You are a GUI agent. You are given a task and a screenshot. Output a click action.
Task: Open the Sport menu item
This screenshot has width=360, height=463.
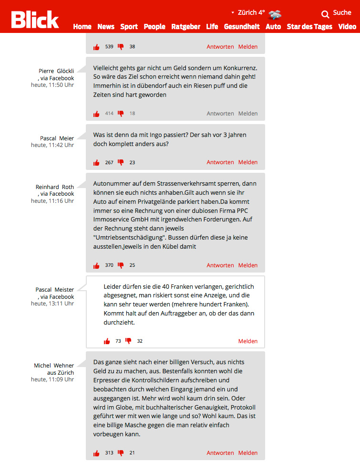click(x=129, y=27)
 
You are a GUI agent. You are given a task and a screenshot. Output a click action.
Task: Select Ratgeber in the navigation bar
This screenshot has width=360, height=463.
click(x=185, y=27)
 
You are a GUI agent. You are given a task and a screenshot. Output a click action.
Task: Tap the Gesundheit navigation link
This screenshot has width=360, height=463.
click(x=242, y=27)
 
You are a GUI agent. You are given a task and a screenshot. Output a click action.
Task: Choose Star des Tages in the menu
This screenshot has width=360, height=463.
click(x=309, y=27)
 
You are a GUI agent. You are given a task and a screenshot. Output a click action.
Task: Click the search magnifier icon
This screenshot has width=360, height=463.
click(x=325, y=14)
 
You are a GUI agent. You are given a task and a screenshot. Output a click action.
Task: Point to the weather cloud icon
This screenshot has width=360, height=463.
click(x=275, y=14)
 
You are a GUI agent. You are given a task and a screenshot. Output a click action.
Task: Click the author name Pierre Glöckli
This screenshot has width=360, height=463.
click(x=56, y=71)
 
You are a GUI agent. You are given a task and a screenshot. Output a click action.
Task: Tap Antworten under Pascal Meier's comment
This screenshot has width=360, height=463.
click(x=220, y=162)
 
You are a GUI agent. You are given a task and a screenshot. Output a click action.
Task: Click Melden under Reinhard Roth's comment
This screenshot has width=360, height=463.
click(x=248, y=265)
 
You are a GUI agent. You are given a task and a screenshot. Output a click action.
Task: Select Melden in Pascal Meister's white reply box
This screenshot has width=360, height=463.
click(x=248, y=341)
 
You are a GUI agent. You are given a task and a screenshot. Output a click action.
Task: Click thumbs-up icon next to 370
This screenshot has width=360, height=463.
click(x=97, y=265)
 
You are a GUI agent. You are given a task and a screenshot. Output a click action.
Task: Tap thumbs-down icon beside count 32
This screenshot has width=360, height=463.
click(x=128, y=341)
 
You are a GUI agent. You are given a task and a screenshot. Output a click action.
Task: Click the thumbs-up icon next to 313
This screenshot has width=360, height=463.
click(x=97, y=453)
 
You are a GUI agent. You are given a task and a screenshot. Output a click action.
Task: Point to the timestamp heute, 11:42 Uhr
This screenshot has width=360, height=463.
click(x=52, y=145)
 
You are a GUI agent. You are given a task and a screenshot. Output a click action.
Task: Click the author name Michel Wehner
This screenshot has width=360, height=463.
click(x=54, y=366)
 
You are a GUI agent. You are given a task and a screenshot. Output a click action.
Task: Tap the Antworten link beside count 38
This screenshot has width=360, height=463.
click(x=220, y=47)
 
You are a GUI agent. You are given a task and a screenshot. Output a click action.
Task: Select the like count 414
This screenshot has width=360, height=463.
click(x=109, y=114)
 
